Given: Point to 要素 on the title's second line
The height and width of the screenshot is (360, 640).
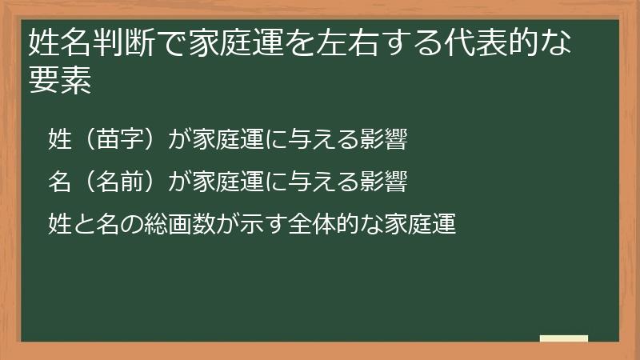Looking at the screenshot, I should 59,82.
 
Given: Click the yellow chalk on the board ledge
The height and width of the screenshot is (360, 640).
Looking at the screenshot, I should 563,339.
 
